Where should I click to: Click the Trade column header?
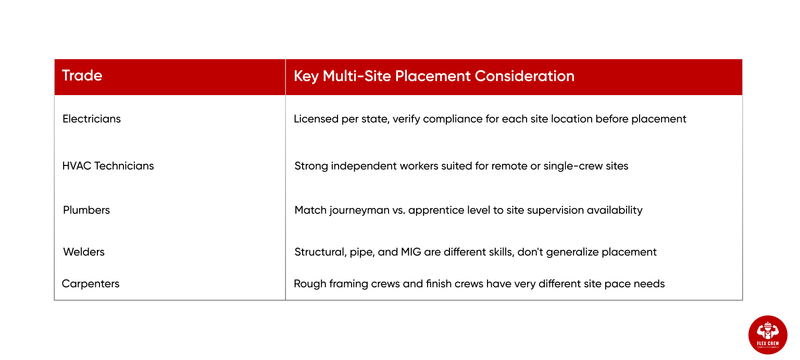[x=82, y=76]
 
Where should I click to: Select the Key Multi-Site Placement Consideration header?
[x=434, y=76]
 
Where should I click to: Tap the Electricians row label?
[x=91, y=119]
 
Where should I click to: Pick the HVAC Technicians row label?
[x=108, y=166]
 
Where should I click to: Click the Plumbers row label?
[x=86, y=211]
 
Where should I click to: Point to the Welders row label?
[x=84, y=252]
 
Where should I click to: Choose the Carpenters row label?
[x=91, y=284]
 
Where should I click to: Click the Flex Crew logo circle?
[x=767, y=335]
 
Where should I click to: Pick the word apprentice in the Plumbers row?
[x=444, y=211]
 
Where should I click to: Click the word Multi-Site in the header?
[x=366, y=76]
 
